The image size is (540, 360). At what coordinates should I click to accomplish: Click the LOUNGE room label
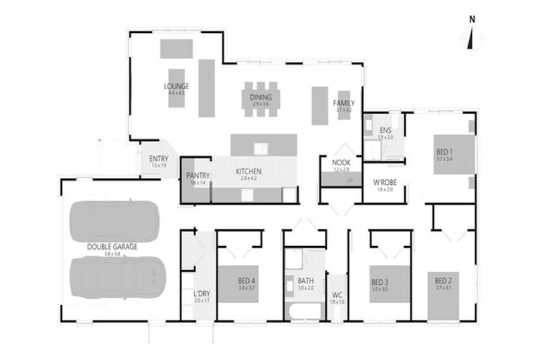tap(176, 86)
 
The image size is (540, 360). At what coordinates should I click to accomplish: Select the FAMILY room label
tap(344, 103)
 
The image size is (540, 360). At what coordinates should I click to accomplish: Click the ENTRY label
tap(159, 158)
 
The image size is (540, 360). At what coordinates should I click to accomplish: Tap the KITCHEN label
tap(249, 172)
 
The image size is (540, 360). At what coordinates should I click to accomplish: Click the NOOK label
tap(341, 162)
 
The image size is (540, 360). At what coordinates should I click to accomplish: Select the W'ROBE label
tap(385, 183)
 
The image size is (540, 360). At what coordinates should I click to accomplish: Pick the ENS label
tap(385, 131)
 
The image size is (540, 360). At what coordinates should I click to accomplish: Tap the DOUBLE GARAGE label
tap(112, 247)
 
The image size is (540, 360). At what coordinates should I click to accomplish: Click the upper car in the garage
tap(114, 220)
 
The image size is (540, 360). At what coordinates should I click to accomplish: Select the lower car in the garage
tap(118, 276)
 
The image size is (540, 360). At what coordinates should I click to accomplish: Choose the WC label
tap(337, 295)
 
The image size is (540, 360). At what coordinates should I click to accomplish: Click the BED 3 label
tap(380, 283)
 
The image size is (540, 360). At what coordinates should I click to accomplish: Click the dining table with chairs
tap(261, 98)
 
